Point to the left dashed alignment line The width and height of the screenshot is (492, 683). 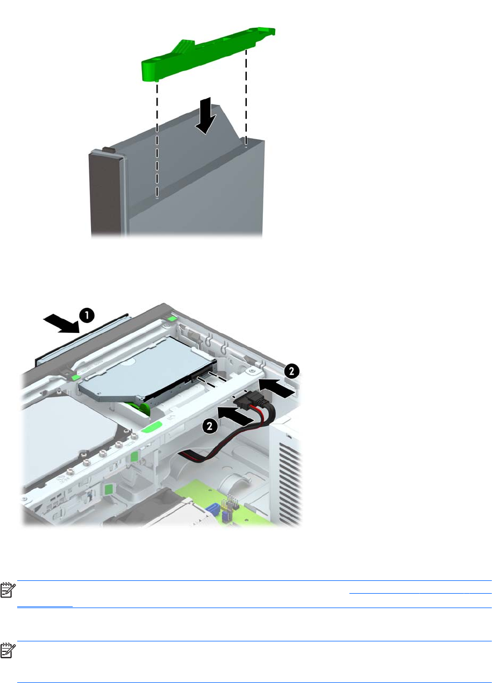pyautogui.click(x=157, y=140)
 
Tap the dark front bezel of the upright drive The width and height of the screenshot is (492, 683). pyautogui.click(x=105, y=195)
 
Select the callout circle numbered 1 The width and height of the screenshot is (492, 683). pyautogui.click(x=87, y=316)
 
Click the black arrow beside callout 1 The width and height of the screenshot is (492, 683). pyautogui.click(x=62, y=324)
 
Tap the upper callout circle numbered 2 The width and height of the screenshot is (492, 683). pyautogui.click(x=292, y=371)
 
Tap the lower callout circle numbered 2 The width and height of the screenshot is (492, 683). pyautogui.click(x=210, y=426)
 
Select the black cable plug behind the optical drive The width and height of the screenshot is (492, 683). pyautogui.click(x=248, y=399)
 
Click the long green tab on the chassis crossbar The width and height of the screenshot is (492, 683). pyautogui.click(x=151, y=427)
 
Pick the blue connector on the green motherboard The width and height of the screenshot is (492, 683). pyautogui.click(x=211, y=508)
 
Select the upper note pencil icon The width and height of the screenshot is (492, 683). pyautogui.click(x=8, y=590)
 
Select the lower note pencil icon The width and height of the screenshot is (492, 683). pyautogui.click(x=8, y=651)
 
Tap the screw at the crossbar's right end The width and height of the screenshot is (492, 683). pyautogui.click(x=251, y=371)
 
